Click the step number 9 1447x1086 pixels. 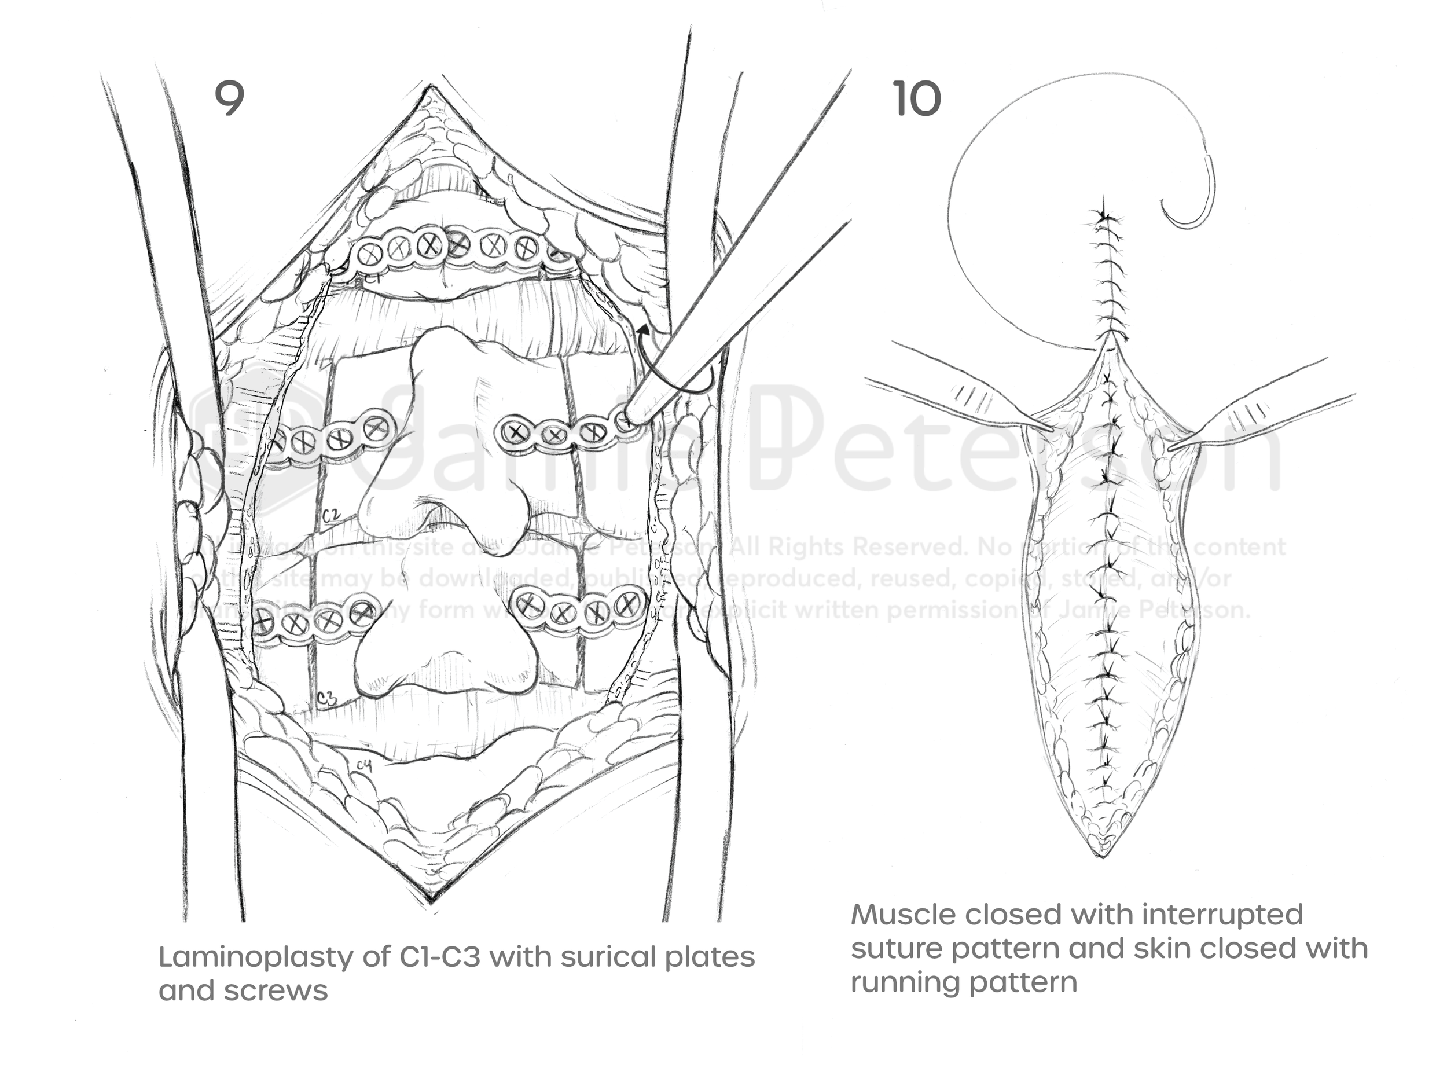pos(230,99)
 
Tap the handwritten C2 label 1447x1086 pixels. pos(331,516)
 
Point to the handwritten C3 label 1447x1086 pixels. pos(326,699)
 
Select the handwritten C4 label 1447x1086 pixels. pos(365,765)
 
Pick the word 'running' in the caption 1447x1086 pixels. pos(898,982)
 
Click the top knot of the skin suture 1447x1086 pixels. pos(1105,216)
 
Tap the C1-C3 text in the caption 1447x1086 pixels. pos(439,957)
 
